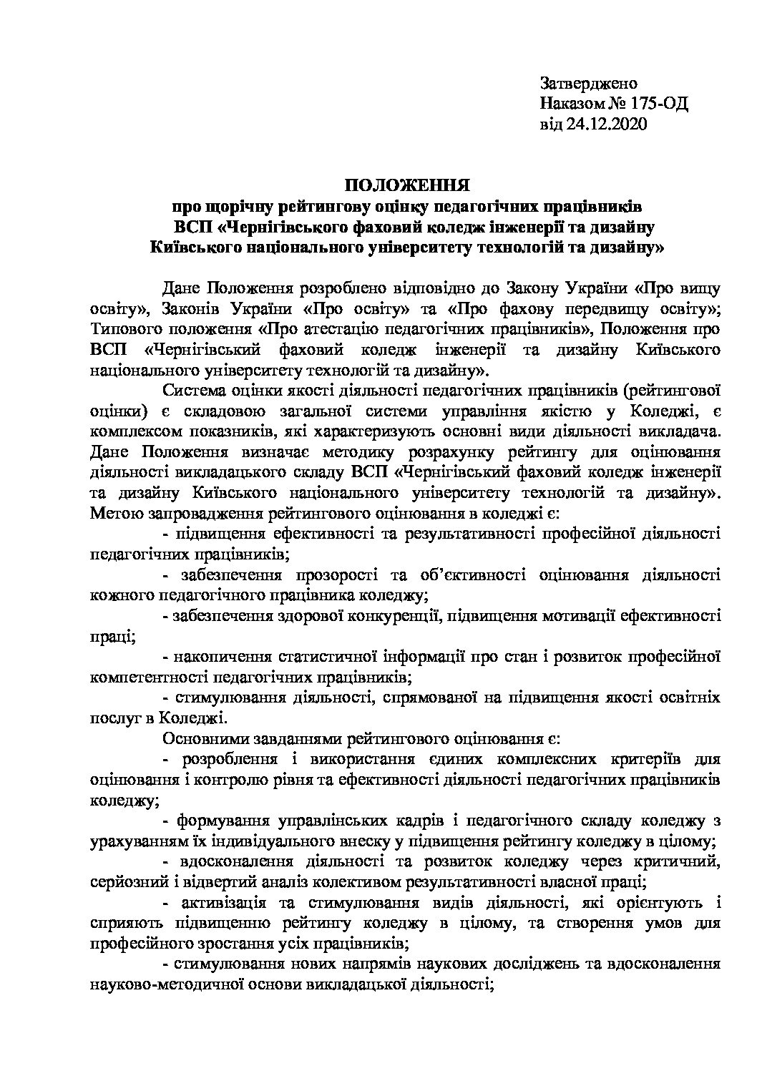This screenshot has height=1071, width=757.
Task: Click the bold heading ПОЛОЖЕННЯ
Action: point(407,187)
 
